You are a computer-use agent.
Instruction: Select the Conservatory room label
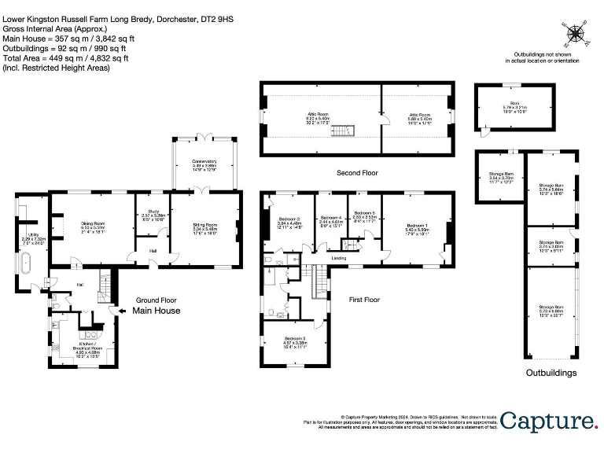tap(204, 163)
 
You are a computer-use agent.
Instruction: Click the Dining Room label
tap(94, 226)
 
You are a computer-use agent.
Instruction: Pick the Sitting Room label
tap(204, 227)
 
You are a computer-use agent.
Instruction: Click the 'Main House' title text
tap(156, 311)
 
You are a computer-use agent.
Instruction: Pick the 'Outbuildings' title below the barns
tap(551, 372)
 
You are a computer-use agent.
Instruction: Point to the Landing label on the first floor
tap(339, 257)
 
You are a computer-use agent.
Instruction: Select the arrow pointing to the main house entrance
tap(118, 311)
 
